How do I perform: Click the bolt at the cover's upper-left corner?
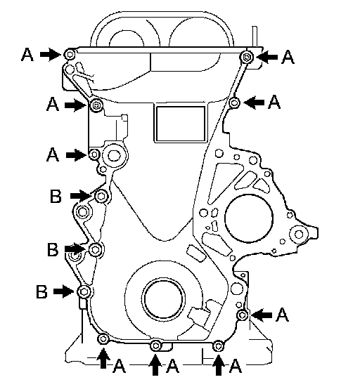(x=70, y=54)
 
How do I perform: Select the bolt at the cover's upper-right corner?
(x=247, y=58)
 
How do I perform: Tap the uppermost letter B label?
(x=56, y=197)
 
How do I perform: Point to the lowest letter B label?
(x=41, y=291)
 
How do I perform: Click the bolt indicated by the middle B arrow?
(x=96, y=249)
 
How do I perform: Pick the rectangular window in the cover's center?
(x=181, y=124)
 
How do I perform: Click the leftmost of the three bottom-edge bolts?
(x=103, y=339)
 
